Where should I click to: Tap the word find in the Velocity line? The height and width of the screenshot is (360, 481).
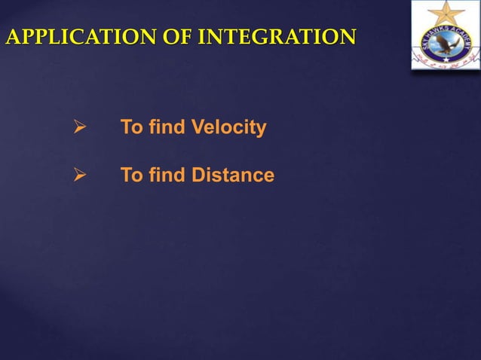click(x=167, y=128)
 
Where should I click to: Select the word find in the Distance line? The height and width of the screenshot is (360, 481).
click(x=167, y=175)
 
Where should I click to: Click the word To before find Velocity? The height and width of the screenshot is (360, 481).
click(x=132, y=128)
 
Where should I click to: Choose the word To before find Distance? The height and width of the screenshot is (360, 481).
click(x=132, y=175)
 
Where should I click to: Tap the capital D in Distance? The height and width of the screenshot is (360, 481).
click(x=198, y=175)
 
